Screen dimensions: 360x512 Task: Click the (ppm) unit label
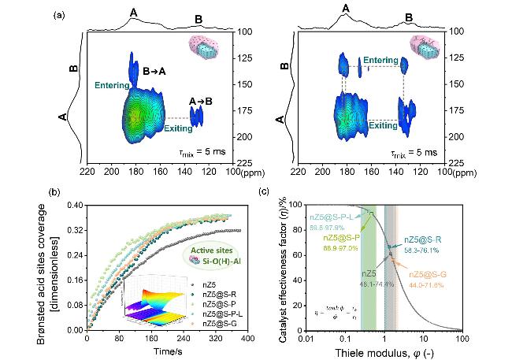pos(251,170)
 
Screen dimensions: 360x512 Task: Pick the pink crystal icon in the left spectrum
pos(204,46)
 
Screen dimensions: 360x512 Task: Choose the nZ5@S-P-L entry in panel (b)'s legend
pos(224,313)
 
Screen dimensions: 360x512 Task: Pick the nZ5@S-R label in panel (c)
pos(429,240)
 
